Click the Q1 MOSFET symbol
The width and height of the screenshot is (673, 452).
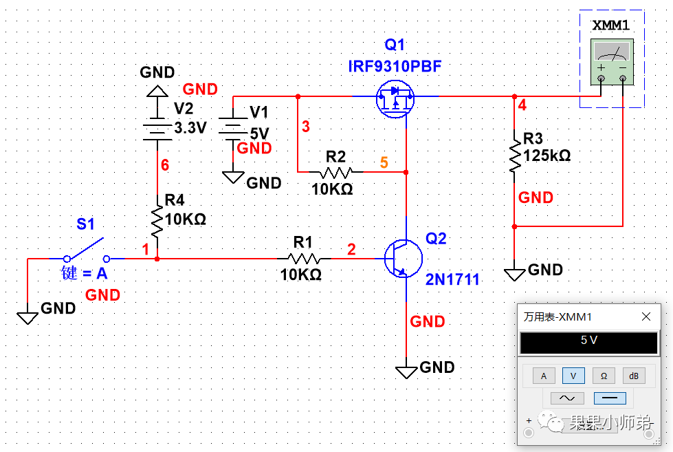(x=395, y=99)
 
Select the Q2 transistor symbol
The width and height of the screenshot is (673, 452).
(x=403, y=258)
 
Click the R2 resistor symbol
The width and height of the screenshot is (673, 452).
(x=336, y=171)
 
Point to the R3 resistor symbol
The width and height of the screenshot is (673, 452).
(x=514, y=155)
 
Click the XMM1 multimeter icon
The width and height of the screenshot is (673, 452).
(x=611, y=62)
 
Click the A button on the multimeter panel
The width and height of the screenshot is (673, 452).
(x=544, y=376)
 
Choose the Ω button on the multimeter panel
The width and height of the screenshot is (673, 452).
(x=604, y=376)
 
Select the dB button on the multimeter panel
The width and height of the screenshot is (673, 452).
(x=634, y=376)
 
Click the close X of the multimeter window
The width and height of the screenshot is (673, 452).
(x=646, y=316)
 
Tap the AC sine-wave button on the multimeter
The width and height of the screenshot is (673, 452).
(x=567, y=398)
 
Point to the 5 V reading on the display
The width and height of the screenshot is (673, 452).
(x=588, y=341)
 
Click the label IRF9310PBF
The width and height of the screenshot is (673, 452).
(x=395, y=67)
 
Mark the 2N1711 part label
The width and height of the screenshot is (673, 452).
(x=452, y=279)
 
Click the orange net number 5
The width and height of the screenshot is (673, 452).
(x=384, y=163)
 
